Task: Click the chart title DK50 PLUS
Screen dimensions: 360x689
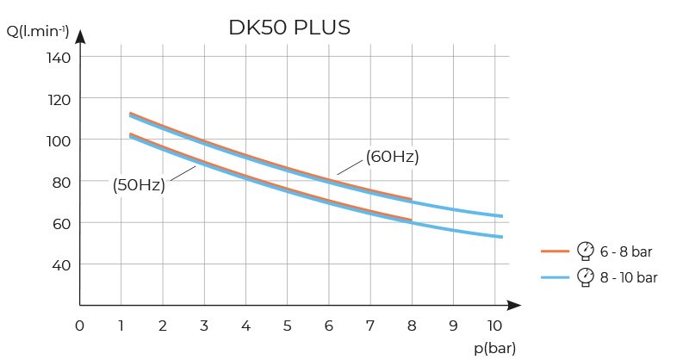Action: tap(289, 28)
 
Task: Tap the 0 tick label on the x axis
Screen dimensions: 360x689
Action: tap(79, 326)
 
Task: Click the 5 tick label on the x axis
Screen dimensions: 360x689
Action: tap(287, 326)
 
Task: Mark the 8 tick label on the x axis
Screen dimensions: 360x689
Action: tap(412, 326)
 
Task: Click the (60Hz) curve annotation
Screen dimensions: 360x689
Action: tap(392, 157)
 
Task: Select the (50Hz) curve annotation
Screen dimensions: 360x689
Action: tap(139, 184)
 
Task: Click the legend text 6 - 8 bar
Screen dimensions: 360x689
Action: tap(626, 251)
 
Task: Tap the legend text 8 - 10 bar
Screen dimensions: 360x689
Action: tap(629, 277)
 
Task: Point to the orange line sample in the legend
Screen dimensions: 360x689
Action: tap(556, 251)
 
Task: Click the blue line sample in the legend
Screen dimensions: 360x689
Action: tap(556, 277)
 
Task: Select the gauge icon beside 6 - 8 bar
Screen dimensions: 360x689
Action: tap(586, 251)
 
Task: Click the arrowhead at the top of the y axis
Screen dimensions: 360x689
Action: tap(80, 37)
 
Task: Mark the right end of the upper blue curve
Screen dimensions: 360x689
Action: tap(501, 216)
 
